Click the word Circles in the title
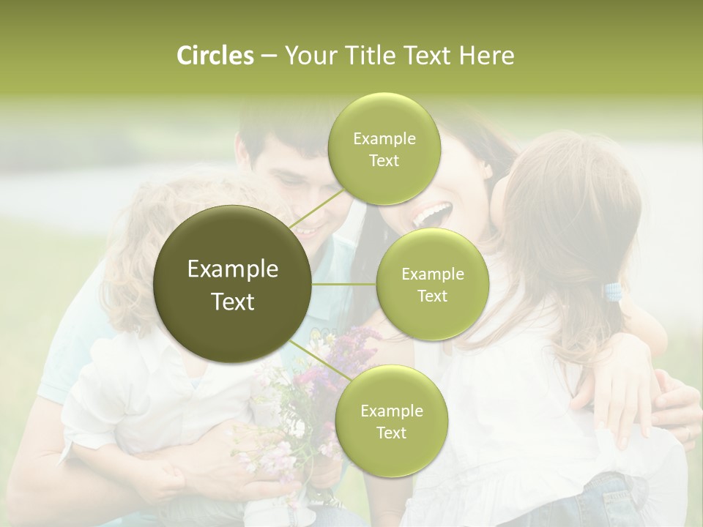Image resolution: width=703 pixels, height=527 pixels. click(x=215, y=56)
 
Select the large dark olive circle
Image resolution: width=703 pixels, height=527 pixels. click(x=233, y=284)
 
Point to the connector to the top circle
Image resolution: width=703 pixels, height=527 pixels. click(x=316, y=208)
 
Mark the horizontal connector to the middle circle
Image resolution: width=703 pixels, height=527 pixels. click(x=343, y=284)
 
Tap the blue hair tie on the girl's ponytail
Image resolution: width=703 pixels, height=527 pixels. click(x=613, y=293)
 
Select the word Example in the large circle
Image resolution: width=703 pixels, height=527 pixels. click(x=233, y=269)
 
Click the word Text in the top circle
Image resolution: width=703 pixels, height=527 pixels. click(x=384, y=161)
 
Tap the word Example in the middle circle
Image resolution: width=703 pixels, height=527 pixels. click(x=432, y=274)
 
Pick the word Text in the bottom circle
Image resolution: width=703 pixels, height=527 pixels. click(x=391, y=433)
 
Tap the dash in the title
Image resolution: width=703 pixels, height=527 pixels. click(x=268, y=56)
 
